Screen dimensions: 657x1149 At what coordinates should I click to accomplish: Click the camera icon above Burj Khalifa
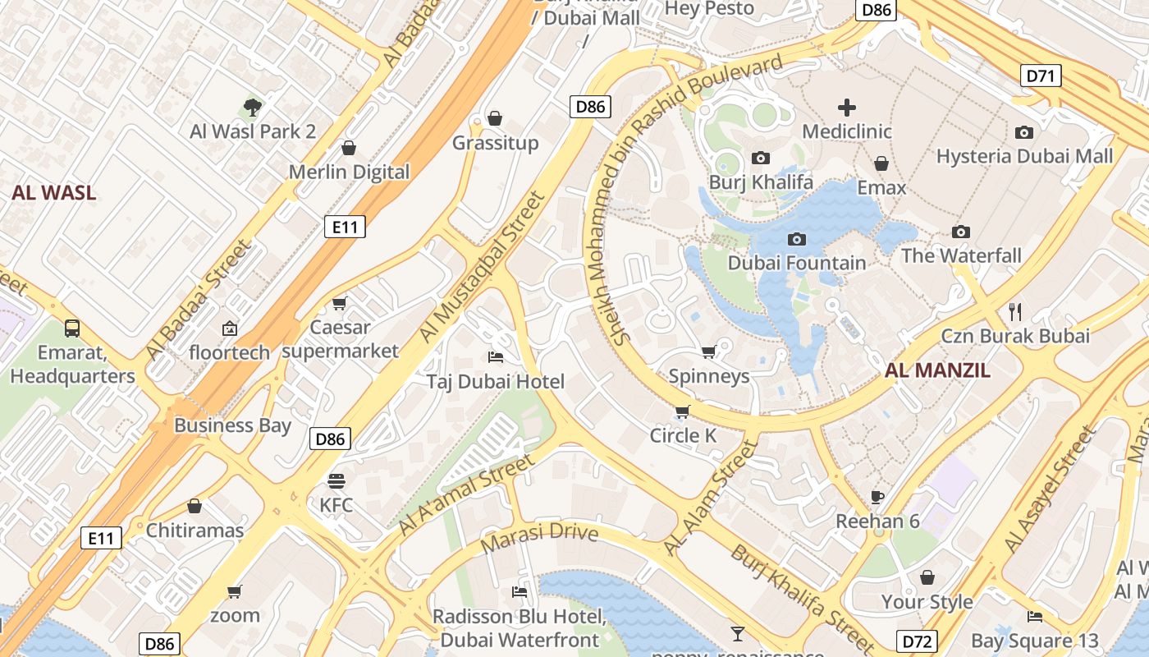point(761,158)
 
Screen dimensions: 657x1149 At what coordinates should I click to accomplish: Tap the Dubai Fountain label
point(797,263)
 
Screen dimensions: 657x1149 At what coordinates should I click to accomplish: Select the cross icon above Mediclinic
point(846,108)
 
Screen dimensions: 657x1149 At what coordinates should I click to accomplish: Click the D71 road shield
point(1041,76)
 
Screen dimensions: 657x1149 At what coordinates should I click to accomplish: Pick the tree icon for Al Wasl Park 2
point(253,107)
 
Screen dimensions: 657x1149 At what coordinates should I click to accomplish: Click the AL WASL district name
point(53,193)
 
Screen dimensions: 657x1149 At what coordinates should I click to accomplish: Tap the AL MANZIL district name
point(937,370)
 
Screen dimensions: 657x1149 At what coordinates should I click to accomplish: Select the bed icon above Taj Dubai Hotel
point(496,357)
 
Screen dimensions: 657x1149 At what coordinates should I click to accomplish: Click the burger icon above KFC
point(336,480)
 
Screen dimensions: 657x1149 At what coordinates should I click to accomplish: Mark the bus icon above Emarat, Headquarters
point(72,328)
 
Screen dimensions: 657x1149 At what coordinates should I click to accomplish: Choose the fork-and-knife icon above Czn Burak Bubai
point(1015,311)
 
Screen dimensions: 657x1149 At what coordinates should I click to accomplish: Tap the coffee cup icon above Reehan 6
point(877,497)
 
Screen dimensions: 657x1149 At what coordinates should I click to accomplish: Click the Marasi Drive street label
point(539,538)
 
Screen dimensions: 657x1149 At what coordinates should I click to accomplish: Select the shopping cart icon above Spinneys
point(709,352)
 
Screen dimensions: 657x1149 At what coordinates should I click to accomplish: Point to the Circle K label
point(683,435)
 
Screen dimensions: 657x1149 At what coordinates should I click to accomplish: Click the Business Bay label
point(232,425)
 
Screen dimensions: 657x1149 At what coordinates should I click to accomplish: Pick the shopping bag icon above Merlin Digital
point(349,148)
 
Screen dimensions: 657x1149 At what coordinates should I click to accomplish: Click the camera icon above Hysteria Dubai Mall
point(1024,132)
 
